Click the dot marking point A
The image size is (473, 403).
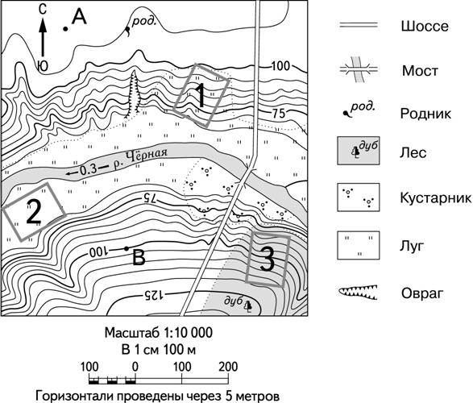(x=64, y=29)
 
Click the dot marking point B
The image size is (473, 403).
(x=127, y=248)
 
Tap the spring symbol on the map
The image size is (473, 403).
(x=128, y=30)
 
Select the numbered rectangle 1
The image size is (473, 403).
(x=201, y=95)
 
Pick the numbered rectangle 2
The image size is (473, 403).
(x=34, y=212)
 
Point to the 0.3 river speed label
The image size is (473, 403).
(x=89, y=170)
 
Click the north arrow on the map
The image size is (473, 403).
(x=44, y=37)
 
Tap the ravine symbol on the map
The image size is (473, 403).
(x=133, y=93)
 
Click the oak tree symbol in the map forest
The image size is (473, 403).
(x=248, y=305)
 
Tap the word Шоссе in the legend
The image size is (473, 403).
(x=425, y=27)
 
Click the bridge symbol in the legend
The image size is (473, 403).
(x=359, y=69)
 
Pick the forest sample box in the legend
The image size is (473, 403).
(x=359, y=151)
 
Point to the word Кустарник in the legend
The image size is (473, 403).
(x=436, y=198)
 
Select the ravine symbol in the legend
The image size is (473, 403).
(x=358, y=293)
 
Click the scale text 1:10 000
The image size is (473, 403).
(x=188, y=333)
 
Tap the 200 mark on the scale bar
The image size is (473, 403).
(x=228, y=367)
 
